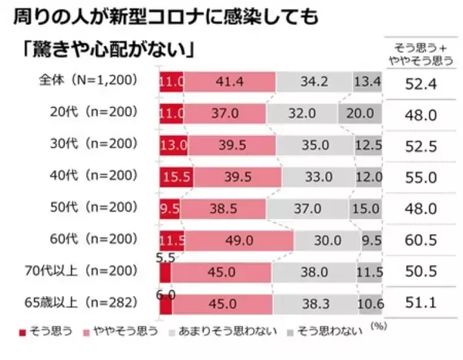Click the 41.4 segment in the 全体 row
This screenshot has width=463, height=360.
click(230, 81)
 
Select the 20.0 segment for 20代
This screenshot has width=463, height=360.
click(360, 113)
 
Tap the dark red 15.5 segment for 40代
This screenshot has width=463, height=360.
click(177, 177)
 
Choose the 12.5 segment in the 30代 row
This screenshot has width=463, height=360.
click(364, 145)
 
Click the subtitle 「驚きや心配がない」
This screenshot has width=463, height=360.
click(106, 50)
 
